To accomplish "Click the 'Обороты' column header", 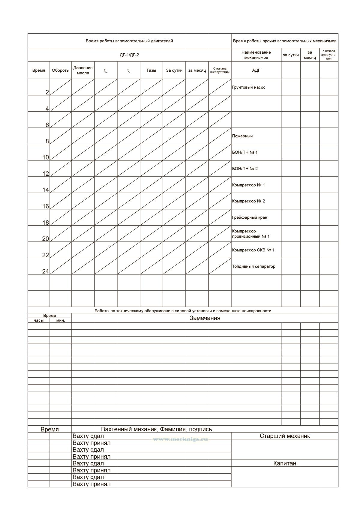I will [61, 70].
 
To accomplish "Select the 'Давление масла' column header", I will [83, 70].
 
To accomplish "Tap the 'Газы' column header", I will [151, 70].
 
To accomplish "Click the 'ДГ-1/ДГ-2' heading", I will [129, 55].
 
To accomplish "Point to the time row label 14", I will [46, 190].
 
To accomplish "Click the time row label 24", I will [45, 271].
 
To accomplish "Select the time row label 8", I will [47, 141].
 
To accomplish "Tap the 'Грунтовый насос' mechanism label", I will [248, 88].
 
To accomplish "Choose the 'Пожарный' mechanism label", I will [242, 136].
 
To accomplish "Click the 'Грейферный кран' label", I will [249, 217].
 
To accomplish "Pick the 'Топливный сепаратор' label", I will [253, 266].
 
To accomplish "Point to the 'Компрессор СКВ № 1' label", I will [253, 250].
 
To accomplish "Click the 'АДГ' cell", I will [256, 70].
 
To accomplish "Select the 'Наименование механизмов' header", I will [256, 55].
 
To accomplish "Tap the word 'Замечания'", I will [205, 318].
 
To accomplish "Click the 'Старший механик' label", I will [285, 436].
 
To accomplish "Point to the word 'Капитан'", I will [285, 463].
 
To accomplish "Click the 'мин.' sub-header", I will [61, 321].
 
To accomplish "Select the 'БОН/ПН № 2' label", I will [245, 169].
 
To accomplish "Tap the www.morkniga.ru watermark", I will [180, 439].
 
